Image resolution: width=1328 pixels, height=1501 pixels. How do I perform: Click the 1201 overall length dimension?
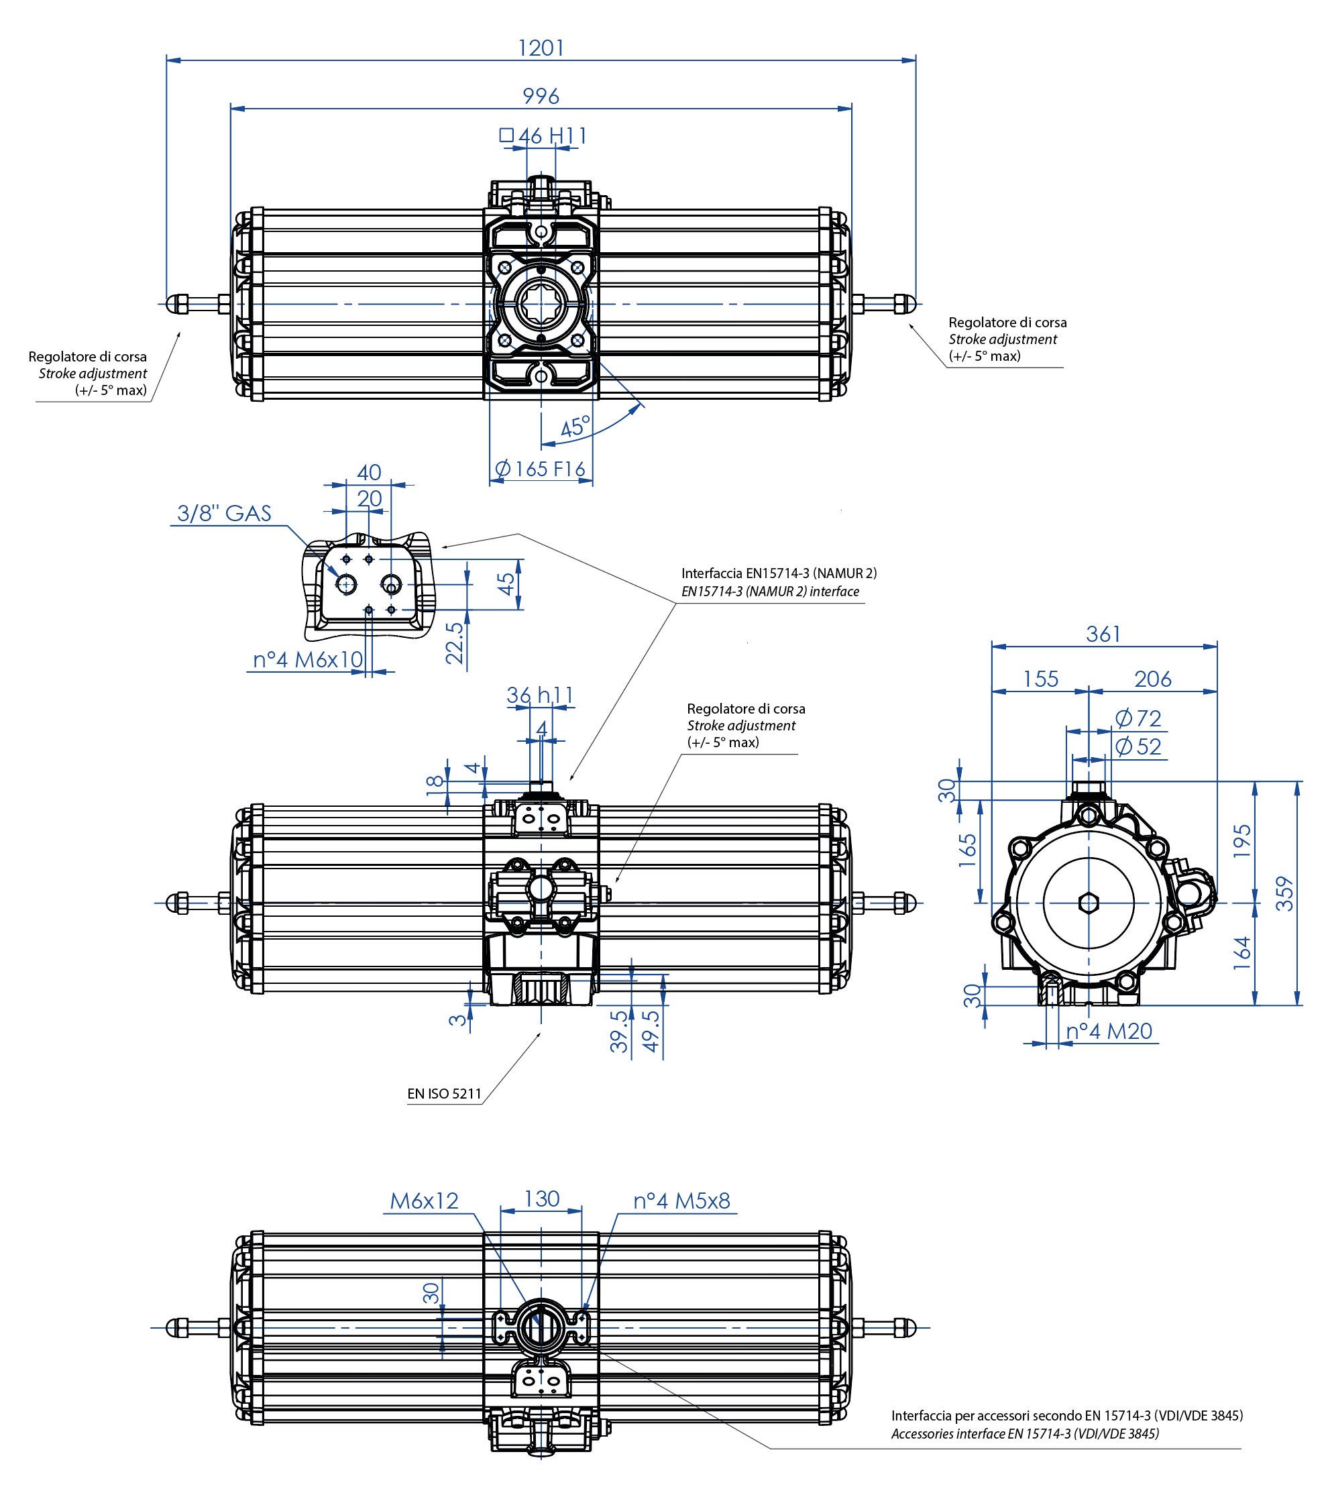[541, 48]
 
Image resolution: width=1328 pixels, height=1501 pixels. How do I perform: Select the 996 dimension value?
[541, 96]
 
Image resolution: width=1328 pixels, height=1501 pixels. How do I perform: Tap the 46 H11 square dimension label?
[544, 136]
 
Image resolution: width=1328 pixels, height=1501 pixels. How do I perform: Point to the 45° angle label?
[574, 427]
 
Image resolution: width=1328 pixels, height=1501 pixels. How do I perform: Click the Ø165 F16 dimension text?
[541, 469]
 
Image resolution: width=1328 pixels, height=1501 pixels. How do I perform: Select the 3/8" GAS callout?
[224, 513]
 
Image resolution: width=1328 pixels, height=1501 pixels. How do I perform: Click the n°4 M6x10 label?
[308, 659]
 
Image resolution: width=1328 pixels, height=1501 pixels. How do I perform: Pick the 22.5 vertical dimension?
[455, 643]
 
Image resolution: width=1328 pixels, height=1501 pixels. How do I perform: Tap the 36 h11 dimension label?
[540, 695]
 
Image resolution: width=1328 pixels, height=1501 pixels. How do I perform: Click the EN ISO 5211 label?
[445, 1093]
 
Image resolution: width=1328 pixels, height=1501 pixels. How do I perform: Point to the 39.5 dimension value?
[619, 1032]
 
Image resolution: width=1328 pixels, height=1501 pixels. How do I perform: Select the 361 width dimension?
[1103, 634]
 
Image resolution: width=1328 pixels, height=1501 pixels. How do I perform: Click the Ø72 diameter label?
[1138, 718]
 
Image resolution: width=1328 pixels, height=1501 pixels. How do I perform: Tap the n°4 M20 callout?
[1109, 1032]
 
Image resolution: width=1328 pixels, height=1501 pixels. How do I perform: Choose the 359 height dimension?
[1284, 894]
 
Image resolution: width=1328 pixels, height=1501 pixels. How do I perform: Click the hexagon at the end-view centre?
[1089, 903]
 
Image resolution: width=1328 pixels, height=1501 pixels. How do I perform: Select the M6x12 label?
[424, 1201]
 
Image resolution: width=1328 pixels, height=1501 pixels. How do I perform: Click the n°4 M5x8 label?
[681, 1201]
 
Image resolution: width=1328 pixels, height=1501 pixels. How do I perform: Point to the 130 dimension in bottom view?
[541, 1199]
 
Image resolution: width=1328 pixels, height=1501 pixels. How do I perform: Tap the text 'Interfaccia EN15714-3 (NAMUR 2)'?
[779, 573]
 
